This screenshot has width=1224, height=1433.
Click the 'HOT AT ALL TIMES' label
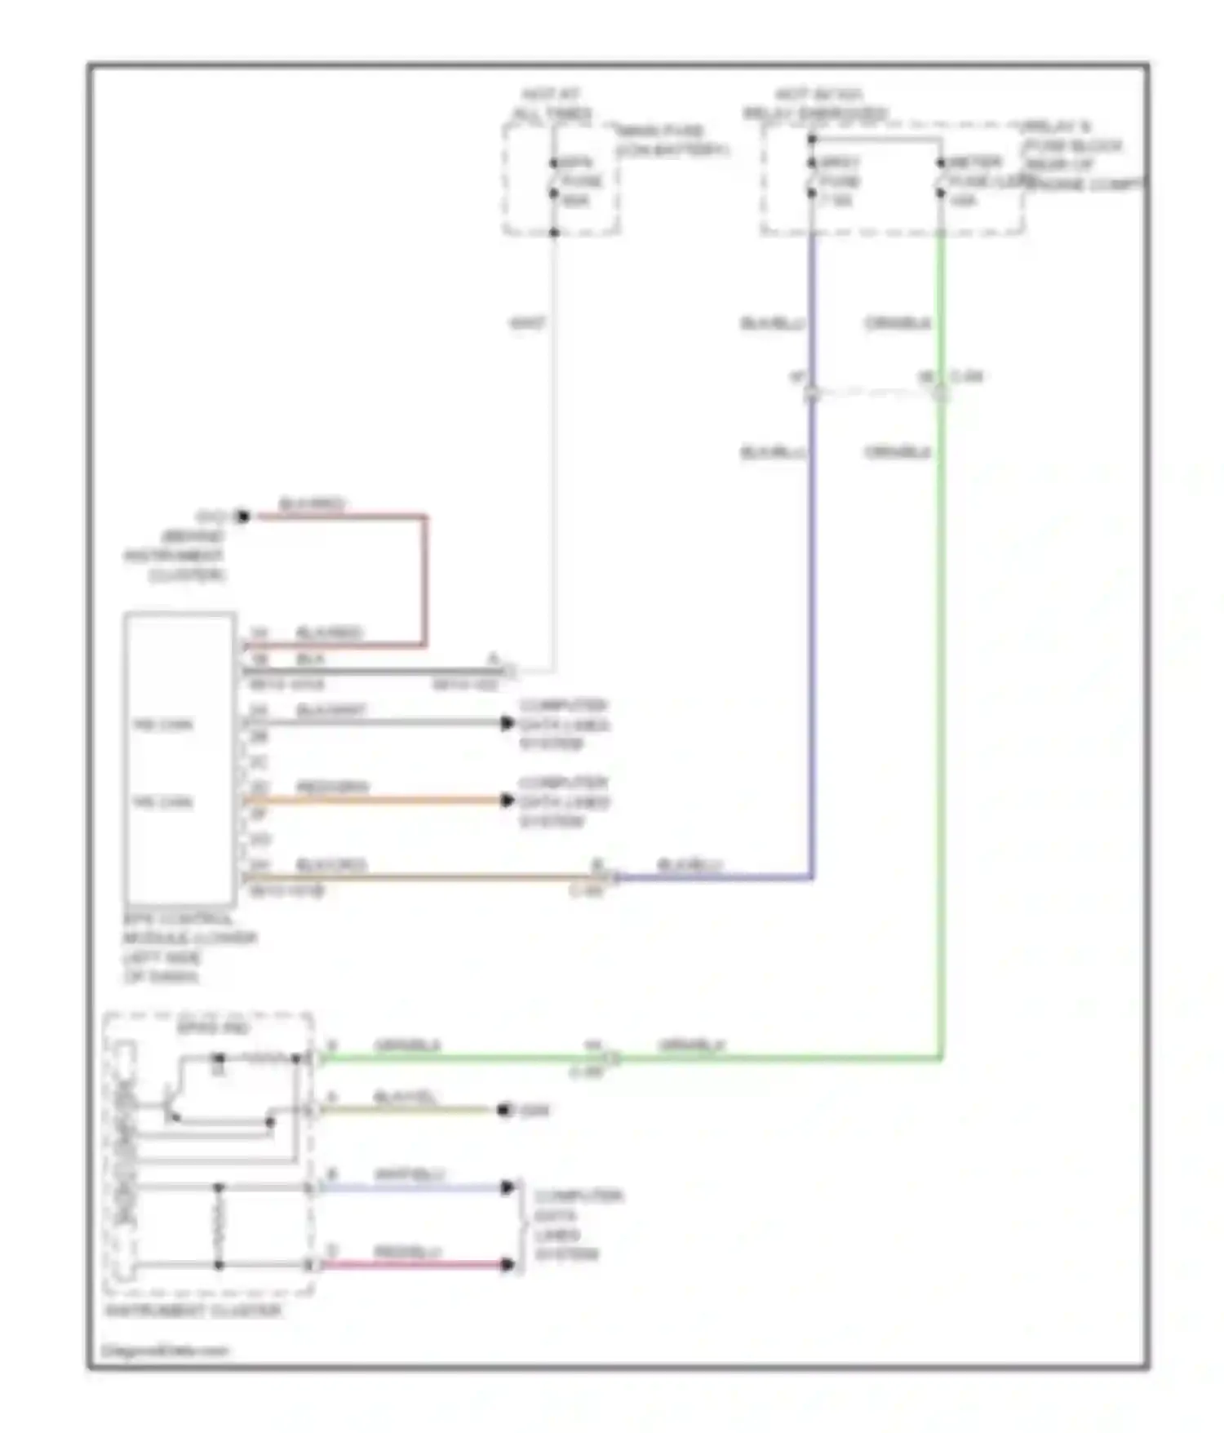[x=552, y=104]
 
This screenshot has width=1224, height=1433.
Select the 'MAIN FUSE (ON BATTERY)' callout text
[x=671, y=140]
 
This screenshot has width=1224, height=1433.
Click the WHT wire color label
[x=527, y=324]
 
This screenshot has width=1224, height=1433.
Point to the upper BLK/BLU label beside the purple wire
[x=772, y=324]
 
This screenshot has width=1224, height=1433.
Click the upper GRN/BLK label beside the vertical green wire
[x=897, y=324]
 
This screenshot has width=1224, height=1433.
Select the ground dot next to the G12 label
[x=242, y=517]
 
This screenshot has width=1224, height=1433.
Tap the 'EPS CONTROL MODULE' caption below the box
[x=189, y=947]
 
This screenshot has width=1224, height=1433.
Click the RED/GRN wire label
[x=332, y=787]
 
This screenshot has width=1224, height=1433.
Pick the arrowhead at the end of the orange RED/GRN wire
[x=508, y=801]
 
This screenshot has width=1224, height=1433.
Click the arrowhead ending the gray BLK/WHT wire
[x=508, y=723]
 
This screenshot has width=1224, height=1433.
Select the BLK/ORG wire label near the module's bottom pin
[x=331, y=865]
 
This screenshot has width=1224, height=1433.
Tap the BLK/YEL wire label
[x=405, y=1097]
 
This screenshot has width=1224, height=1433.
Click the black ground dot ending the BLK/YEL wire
[x=504, y=1110]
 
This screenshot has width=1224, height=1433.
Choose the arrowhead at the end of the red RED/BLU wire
[x=508, y=1265]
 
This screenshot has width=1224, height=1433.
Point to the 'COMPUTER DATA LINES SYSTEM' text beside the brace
[x=578, y=1225]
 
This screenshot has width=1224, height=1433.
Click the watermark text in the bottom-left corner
[x=165, y=1351]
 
